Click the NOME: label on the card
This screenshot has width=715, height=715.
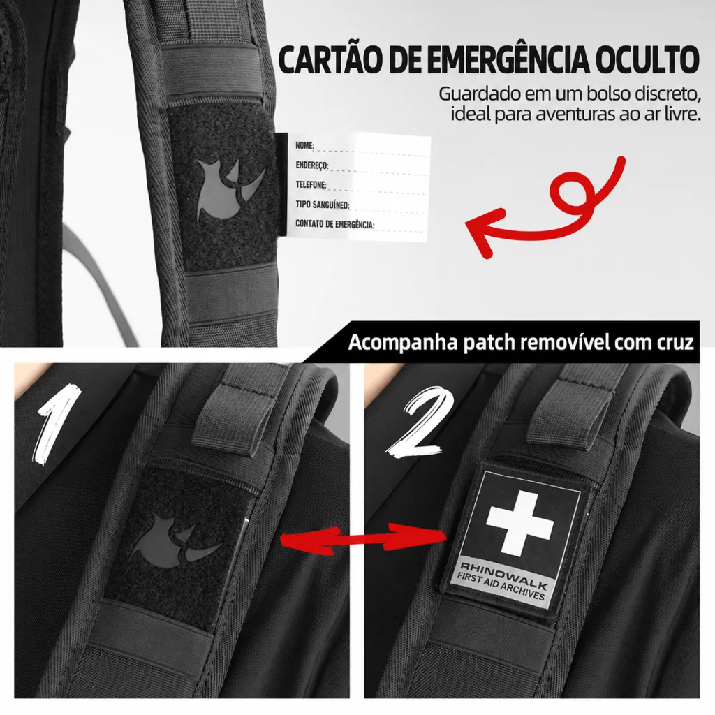tap(304, 145)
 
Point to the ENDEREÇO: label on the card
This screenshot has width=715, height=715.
tap(312, 165)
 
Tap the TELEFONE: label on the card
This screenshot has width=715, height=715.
tap(311, 184)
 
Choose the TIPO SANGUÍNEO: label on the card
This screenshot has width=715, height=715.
tap(323, 205)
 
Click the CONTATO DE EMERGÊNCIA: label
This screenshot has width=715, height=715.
tap(334, 224)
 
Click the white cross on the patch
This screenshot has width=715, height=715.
tap(520, 524)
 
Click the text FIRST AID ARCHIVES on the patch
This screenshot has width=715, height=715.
tap(501, 587)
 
